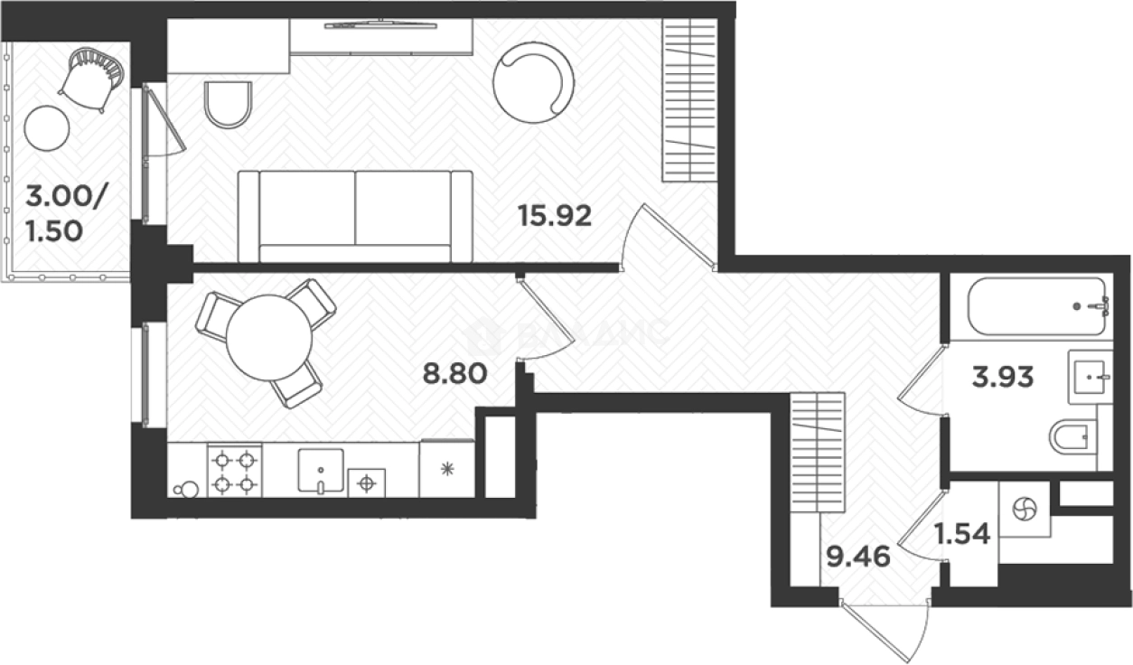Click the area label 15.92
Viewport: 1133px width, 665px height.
(x=554, y=216)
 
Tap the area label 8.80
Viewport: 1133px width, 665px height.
(x=455, y=372)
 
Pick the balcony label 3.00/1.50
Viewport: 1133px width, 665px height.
(x=56, y=213)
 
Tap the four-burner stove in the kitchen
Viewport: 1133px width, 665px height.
(x=234, y=471)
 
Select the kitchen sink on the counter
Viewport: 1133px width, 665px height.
(x=321, y=471)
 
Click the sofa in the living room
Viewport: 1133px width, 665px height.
(x=355, y=215)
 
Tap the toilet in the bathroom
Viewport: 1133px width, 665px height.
(x=1073, y=440)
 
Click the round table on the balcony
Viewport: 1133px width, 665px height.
(x=47, y=128)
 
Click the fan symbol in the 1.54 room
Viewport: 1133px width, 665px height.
(x=1025, y=510)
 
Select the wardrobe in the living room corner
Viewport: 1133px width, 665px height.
(x=690, y=100)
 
